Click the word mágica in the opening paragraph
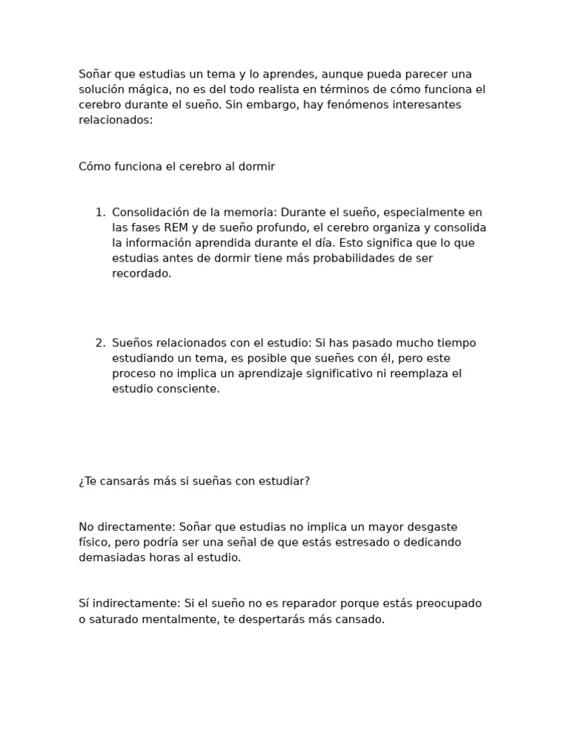click(x=149, y=89)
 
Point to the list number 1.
click(x=100, y=213)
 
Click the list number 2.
click(x=100, y=343)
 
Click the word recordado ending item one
click(x=141, y=274)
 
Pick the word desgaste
click(x=427, y=527)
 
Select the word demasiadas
click(x=111, y=558)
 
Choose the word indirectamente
click(x=133, y=604)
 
